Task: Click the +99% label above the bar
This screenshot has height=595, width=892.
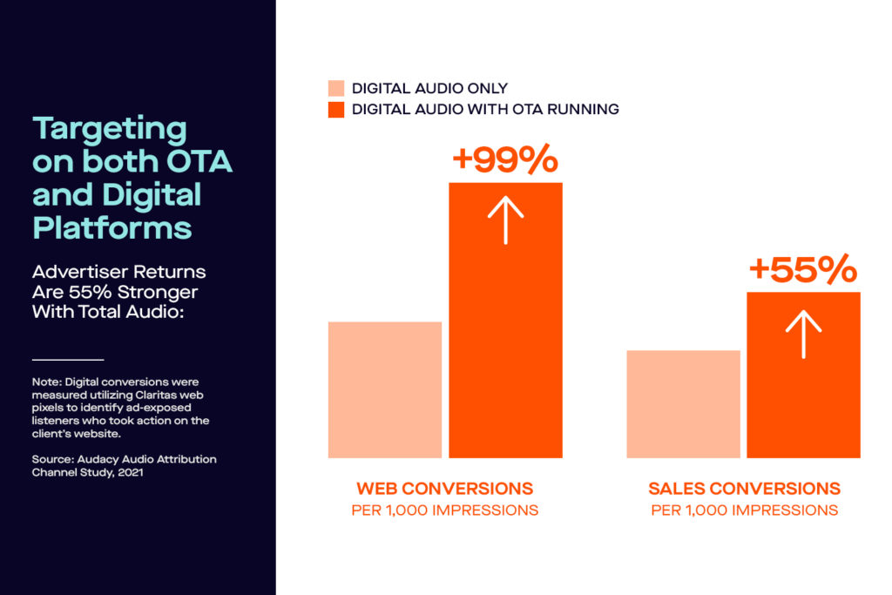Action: coord(505,159)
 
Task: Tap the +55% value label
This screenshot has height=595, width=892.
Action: coord(802,269)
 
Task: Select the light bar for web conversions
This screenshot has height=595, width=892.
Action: coord(384,389)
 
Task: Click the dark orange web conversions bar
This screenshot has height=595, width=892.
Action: coord(505,321)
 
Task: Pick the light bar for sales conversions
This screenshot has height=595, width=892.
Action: coord(683,404)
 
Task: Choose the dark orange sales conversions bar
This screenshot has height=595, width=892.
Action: coord(803,375)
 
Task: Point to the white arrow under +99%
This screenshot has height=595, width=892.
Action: coord(505,220)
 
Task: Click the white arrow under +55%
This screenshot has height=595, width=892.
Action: coord(803,334)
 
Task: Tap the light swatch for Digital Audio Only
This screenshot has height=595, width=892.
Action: coord(336,88)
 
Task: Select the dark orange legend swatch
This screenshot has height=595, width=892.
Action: coord(336,110)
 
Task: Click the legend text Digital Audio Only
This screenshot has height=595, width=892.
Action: coord(429,88)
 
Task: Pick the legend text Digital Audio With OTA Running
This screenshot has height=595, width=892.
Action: coord(485,109)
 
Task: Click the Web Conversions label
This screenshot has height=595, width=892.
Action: coord(445,489)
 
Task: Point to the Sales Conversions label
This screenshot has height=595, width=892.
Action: coord(744,489)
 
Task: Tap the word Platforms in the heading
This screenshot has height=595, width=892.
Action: coord(112,228)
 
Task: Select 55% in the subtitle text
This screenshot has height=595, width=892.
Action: coord(91,292)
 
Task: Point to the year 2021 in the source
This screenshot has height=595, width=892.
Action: coord(131,473)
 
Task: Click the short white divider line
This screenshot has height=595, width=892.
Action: coord(68,360)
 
